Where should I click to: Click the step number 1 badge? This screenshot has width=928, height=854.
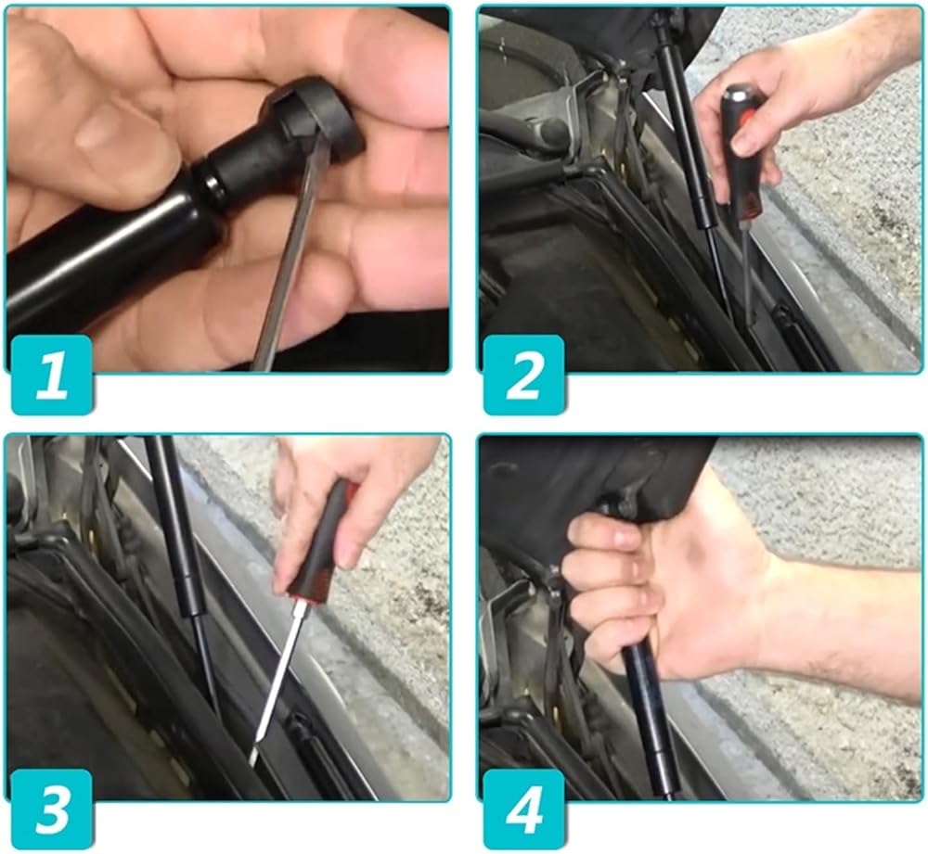pyautogui.click(x=51, y=375)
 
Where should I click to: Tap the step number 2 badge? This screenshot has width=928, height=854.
pyautogui.click(x=523, y=375)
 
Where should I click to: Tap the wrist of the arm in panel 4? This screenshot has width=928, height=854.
pyautogui.click(x=781, y=615)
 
